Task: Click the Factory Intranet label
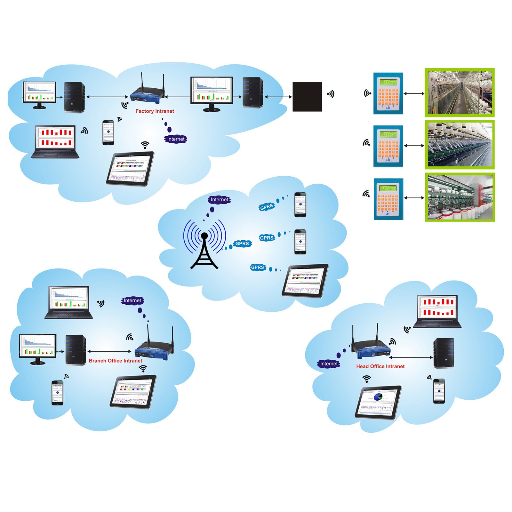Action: [155, 111]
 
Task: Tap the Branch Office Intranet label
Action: [115, 361]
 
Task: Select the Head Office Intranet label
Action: [380, 366]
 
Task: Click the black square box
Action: [307, 97]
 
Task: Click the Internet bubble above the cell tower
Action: [219, 200]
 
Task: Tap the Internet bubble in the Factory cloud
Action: [176, 139]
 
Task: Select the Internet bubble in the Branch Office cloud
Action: [132, 300]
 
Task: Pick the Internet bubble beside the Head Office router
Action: [329, 364]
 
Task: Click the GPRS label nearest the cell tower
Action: [242, 244]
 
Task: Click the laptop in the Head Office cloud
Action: [437, 311]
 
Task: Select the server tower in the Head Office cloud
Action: [444, 353]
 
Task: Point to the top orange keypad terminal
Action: [388, 93]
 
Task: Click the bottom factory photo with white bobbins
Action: [460, 197]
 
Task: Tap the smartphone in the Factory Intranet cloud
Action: [108, 133]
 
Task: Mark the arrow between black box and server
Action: [278, 97]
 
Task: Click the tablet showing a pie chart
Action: [378, 402]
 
